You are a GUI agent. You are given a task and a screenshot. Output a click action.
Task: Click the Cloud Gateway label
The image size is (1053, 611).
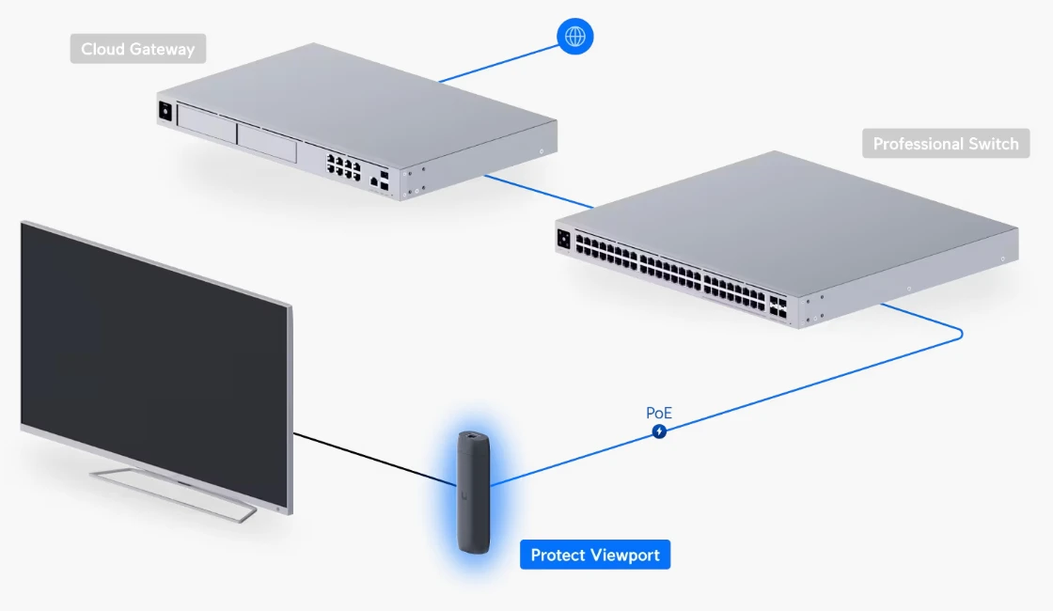click(137, 49)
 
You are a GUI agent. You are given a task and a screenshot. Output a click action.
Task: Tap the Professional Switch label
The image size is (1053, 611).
click(945, 144)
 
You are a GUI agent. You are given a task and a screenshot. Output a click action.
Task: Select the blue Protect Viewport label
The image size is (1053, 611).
click(594, 555)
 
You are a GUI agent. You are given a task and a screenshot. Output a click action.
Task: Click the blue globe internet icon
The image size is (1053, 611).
click(575, 37)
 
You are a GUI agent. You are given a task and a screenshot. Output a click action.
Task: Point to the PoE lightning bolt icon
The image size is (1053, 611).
click(660, 431)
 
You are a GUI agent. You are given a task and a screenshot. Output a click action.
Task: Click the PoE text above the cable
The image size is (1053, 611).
click(659, 413)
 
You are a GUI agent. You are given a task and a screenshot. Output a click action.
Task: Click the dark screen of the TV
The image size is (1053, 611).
click(150, 357)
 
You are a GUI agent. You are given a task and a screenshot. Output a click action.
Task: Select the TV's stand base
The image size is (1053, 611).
click(174, 492)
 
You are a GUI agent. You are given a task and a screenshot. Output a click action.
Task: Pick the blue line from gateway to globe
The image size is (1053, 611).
click(498, 63)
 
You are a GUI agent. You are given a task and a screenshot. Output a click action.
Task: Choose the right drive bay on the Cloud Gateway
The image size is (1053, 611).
click(267, 140)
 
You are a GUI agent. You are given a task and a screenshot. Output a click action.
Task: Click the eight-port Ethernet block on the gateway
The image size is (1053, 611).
click(343, 167)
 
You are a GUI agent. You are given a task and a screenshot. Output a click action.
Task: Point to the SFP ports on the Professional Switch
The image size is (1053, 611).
click(778, 306)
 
